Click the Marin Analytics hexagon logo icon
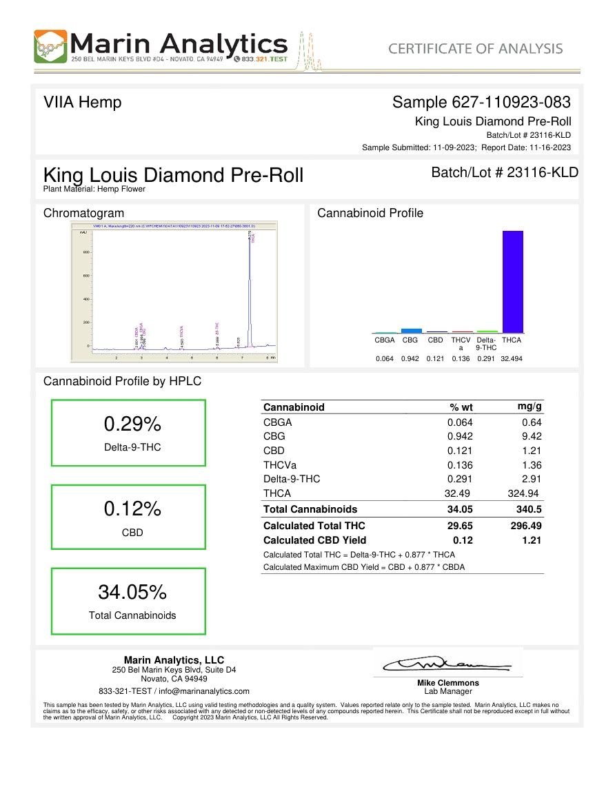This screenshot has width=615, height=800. click(50, 47)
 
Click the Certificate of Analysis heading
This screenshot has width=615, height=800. click(475, 48)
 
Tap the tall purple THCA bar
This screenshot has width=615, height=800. click(512, 282)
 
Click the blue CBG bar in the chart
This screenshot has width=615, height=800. click(411, 331)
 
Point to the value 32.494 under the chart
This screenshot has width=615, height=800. click(512, 359)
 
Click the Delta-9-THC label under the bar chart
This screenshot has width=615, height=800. click(486, 343)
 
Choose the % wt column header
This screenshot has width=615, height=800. click(460, 407)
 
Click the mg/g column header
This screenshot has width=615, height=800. click(529, 407)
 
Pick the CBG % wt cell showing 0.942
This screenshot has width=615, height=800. click(460, 436)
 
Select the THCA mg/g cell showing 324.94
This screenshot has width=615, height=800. click(523, 493)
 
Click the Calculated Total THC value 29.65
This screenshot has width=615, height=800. click(460, 526)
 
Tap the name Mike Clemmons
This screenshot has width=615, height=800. click(448, 683)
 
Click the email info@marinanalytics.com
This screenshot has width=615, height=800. click(204, 691)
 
